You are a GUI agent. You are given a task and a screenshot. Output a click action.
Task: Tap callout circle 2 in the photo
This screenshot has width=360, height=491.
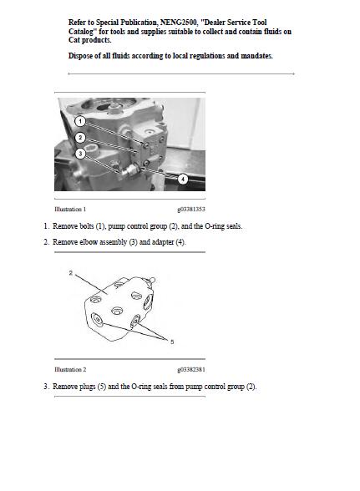click(80, 137)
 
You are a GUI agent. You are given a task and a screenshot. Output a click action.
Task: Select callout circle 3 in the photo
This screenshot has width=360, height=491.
click(79, 154)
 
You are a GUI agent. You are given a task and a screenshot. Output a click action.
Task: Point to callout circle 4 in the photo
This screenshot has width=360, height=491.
click(182, 179)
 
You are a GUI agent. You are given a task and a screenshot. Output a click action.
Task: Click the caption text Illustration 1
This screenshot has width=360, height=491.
click(70, 209)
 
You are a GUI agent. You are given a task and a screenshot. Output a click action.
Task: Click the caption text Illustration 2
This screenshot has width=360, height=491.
click(70, 369)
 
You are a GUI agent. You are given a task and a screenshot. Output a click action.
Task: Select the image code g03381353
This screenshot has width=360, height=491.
click(191, 209)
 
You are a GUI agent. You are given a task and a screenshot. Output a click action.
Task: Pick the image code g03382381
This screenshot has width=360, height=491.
click(191, 369)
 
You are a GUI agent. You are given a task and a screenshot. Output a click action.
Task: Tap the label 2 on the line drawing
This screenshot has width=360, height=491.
click(70, 272)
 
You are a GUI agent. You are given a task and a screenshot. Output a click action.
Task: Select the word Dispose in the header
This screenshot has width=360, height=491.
click(83, 56)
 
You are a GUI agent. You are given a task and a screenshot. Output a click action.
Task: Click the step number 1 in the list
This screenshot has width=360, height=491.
click(46, 226)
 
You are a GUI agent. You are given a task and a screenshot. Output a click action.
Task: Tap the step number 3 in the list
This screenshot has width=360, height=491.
click(46, 387)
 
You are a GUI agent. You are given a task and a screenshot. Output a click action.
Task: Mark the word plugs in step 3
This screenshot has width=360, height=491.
click(87, 387)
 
